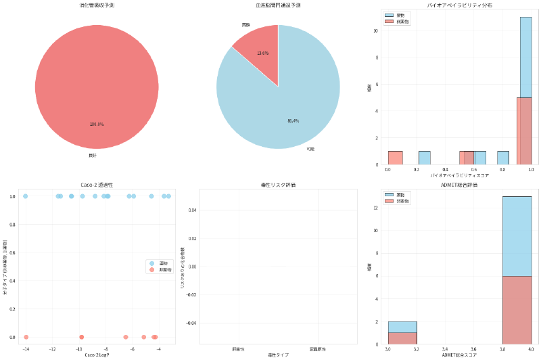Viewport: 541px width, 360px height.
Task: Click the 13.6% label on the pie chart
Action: pyautogui.click(x=263, y=53)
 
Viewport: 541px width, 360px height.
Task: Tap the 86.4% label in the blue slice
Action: pyautogui.click(x=293, y=120)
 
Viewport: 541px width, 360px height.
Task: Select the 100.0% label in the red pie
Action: pyautogui.click(x=97, y=124)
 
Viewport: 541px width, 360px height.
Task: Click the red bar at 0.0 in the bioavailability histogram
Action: pyautogui.click(x=395, y=158)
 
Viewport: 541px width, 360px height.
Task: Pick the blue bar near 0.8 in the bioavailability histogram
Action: pyautogui.click(x=502, y=158)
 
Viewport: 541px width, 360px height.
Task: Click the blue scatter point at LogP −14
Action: pyautogui.click(x=26, y=196)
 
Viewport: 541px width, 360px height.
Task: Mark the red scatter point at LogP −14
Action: pyautogui.click(x=26, y=337)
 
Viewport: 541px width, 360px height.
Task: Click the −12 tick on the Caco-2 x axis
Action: pyautogui.click(x=52, y=349)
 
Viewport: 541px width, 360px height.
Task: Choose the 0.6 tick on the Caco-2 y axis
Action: pyautogui.click(x=14, y=252)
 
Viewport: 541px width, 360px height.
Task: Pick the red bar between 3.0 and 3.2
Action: pyautogui.click(x=402, y=338)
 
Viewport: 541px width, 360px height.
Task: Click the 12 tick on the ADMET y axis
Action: pyautogui.click(x=376, y=208)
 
